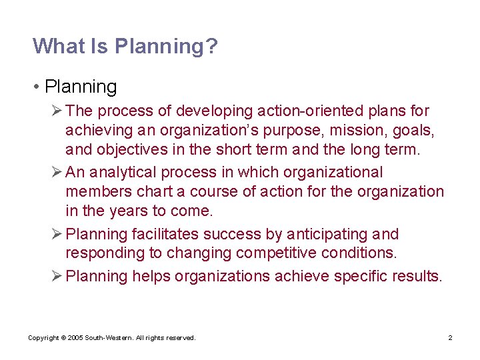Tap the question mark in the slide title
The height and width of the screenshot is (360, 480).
tap(213, 46)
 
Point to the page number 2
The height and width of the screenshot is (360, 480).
tap(450, 338)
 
